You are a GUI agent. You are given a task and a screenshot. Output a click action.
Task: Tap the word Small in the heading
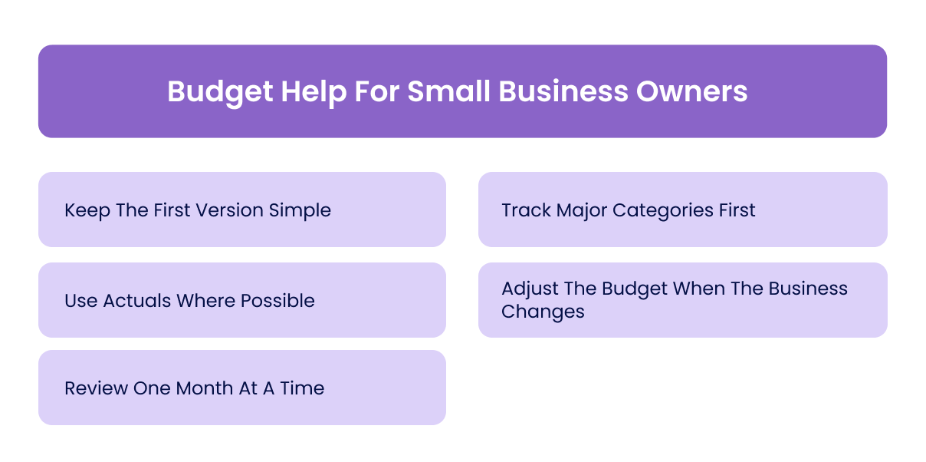coord(450,92)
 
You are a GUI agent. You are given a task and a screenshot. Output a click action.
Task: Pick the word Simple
coord(300,210)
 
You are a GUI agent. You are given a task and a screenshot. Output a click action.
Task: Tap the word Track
coord(525,210)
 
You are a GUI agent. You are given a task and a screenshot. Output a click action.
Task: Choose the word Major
coord(581,210)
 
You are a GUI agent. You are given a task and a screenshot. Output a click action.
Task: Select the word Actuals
coord(137,301)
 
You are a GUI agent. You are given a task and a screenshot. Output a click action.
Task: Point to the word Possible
coord(278,301)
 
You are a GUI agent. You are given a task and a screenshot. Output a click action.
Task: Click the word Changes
coord(543,312)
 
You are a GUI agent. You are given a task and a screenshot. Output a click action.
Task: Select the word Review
coord(97,388)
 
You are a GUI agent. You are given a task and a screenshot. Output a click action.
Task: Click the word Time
coord(303,388)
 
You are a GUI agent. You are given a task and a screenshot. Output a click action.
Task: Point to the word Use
coord(80,301)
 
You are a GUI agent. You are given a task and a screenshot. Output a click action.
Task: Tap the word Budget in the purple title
coord(218,92)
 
